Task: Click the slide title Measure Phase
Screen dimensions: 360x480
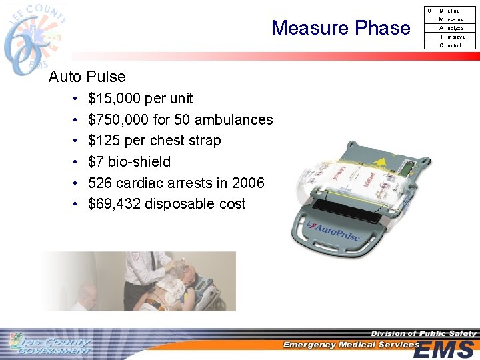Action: [341, 28]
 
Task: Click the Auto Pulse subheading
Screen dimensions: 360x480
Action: [87, 77]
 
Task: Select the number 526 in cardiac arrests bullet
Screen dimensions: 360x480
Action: [99, 183]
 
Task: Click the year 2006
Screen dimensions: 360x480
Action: [249, 183]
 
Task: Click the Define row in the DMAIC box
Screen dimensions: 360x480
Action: [450, 11]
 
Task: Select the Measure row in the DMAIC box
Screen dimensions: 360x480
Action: [451, 19]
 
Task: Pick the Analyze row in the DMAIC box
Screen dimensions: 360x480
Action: [451, 28]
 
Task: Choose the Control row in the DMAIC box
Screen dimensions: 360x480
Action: [451, 45]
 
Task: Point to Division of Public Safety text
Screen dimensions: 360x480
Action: [423, 333]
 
